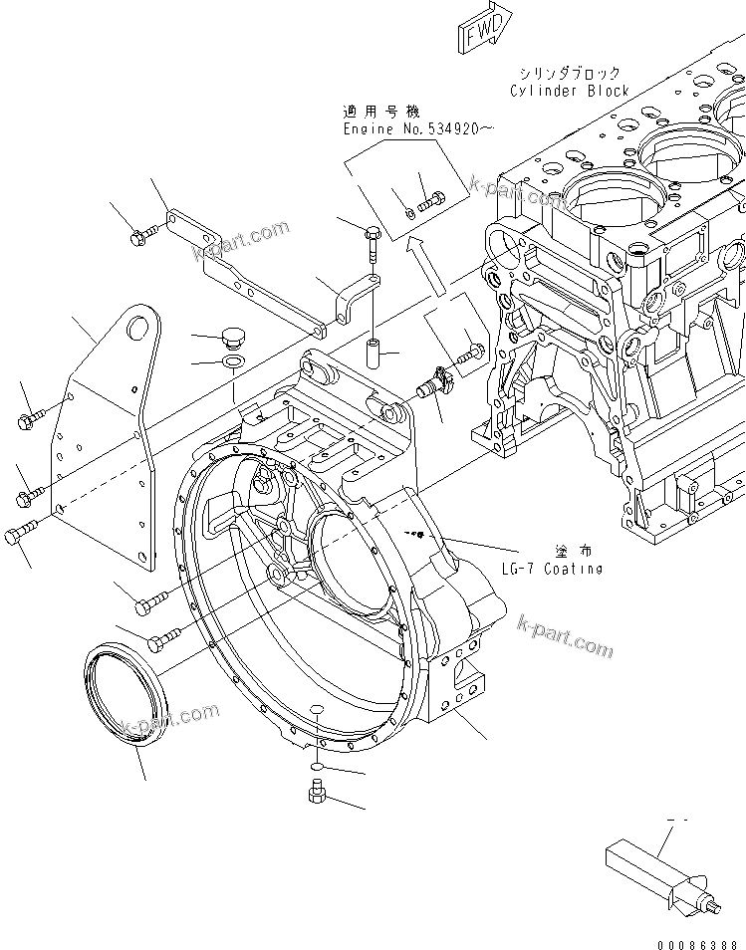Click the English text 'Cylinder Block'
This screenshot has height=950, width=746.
pyautogui.click(x=569, y=91)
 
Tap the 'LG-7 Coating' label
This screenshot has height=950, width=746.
pyautogui.click(x=552, y=569)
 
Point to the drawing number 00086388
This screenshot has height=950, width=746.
pyautogui.click(x=696, y=941)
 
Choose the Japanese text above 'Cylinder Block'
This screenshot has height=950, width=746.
pyautogui.click(x=569, y=73)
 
